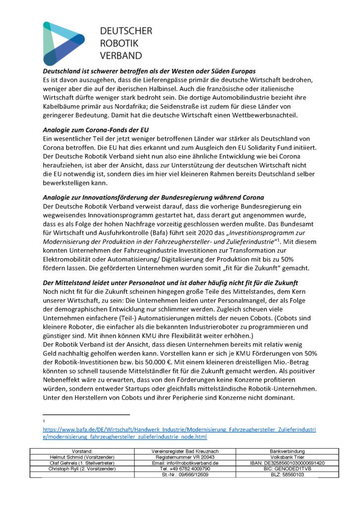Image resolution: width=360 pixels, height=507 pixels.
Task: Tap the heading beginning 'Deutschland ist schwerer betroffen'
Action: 149,71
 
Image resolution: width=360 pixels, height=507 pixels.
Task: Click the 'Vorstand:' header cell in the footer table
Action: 82,451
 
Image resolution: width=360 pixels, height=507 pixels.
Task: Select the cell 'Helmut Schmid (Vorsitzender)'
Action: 82,457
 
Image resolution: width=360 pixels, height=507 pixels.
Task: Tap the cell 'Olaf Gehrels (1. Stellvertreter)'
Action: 82,462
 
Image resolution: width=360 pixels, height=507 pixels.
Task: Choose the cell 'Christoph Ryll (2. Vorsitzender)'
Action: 82,468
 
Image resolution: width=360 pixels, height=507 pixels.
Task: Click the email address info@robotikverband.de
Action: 185,462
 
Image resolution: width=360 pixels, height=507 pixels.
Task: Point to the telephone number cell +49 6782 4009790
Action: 185,468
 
